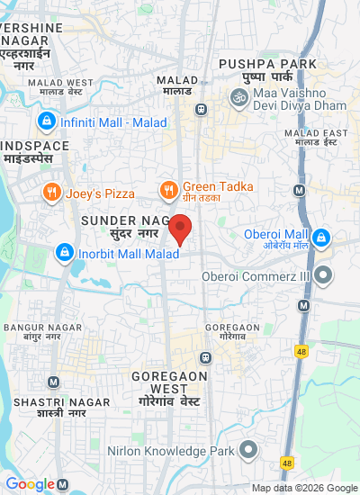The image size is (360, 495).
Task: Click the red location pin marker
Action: tap(181, 229)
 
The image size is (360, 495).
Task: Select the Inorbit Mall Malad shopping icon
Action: tap(64, 254)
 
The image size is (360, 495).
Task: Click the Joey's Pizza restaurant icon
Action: tap(52, 192)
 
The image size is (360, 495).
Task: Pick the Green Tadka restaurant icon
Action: tap(168, 189)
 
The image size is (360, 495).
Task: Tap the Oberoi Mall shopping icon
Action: tap(322, 238)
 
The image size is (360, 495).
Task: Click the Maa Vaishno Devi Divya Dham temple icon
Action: tap(239, 96)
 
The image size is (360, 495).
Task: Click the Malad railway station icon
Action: tap(201, 110)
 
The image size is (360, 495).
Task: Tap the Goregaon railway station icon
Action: tap(207, 356)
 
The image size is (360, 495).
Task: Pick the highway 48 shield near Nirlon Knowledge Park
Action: tap(287, 463)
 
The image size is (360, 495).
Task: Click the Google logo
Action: tap(29, 484)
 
